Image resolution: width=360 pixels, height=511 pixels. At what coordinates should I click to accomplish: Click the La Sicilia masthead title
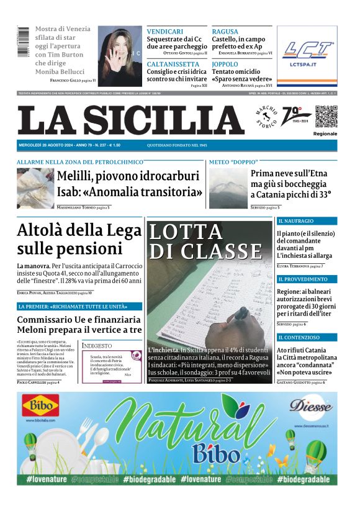click(x=130, y=120)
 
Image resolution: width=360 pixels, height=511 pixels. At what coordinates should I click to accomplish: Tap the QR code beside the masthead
click(x=325, y=116)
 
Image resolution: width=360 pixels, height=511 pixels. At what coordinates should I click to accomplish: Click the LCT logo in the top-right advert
click(x=307, y=49)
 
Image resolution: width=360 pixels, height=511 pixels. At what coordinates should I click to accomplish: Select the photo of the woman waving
click(x=120, y=56)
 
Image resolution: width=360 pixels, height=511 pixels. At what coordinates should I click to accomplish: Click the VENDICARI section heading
click(x=164, y=31)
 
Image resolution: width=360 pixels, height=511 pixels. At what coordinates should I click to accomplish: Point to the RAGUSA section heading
click(x=225, y=31)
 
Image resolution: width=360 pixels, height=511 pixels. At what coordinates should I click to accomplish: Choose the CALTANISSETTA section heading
click(x=174, y=64)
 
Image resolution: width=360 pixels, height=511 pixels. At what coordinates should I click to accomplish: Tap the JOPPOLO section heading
click(x=225, y=64)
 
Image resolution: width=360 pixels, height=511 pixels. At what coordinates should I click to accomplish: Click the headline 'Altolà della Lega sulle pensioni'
click(x=79, y=239)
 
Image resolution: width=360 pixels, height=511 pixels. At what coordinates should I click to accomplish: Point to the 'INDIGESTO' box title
click(x=97, y=345)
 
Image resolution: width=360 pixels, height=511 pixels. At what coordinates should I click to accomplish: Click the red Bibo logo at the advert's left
click(x=41, y=407)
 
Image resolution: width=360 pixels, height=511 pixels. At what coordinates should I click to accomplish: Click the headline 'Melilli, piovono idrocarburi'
click(x=128, y=176)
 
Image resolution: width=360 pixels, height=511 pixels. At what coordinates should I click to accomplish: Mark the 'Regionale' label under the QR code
click(x=325, y=133)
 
